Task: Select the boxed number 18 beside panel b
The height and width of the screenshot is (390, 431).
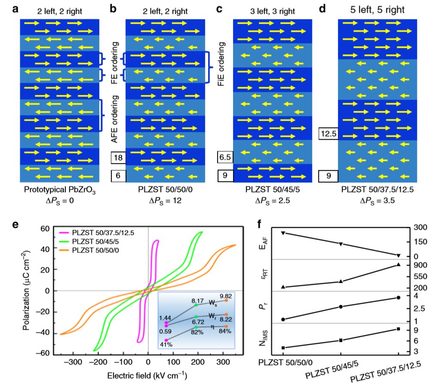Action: pyautogui.click(x=117, y=158)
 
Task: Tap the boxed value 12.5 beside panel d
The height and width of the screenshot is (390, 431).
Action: pyautogui.click(x=328, y=134)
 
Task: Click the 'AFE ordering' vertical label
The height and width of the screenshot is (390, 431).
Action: pyautogui.click(x=114, y=121)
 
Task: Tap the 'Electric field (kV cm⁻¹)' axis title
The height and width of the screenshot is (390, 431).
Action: pyautogui.click(x=148, y=374)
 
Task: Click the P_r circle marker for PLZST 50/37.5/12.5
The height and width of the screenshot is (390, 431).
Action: pyautogui.click(x=399, y=297)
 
